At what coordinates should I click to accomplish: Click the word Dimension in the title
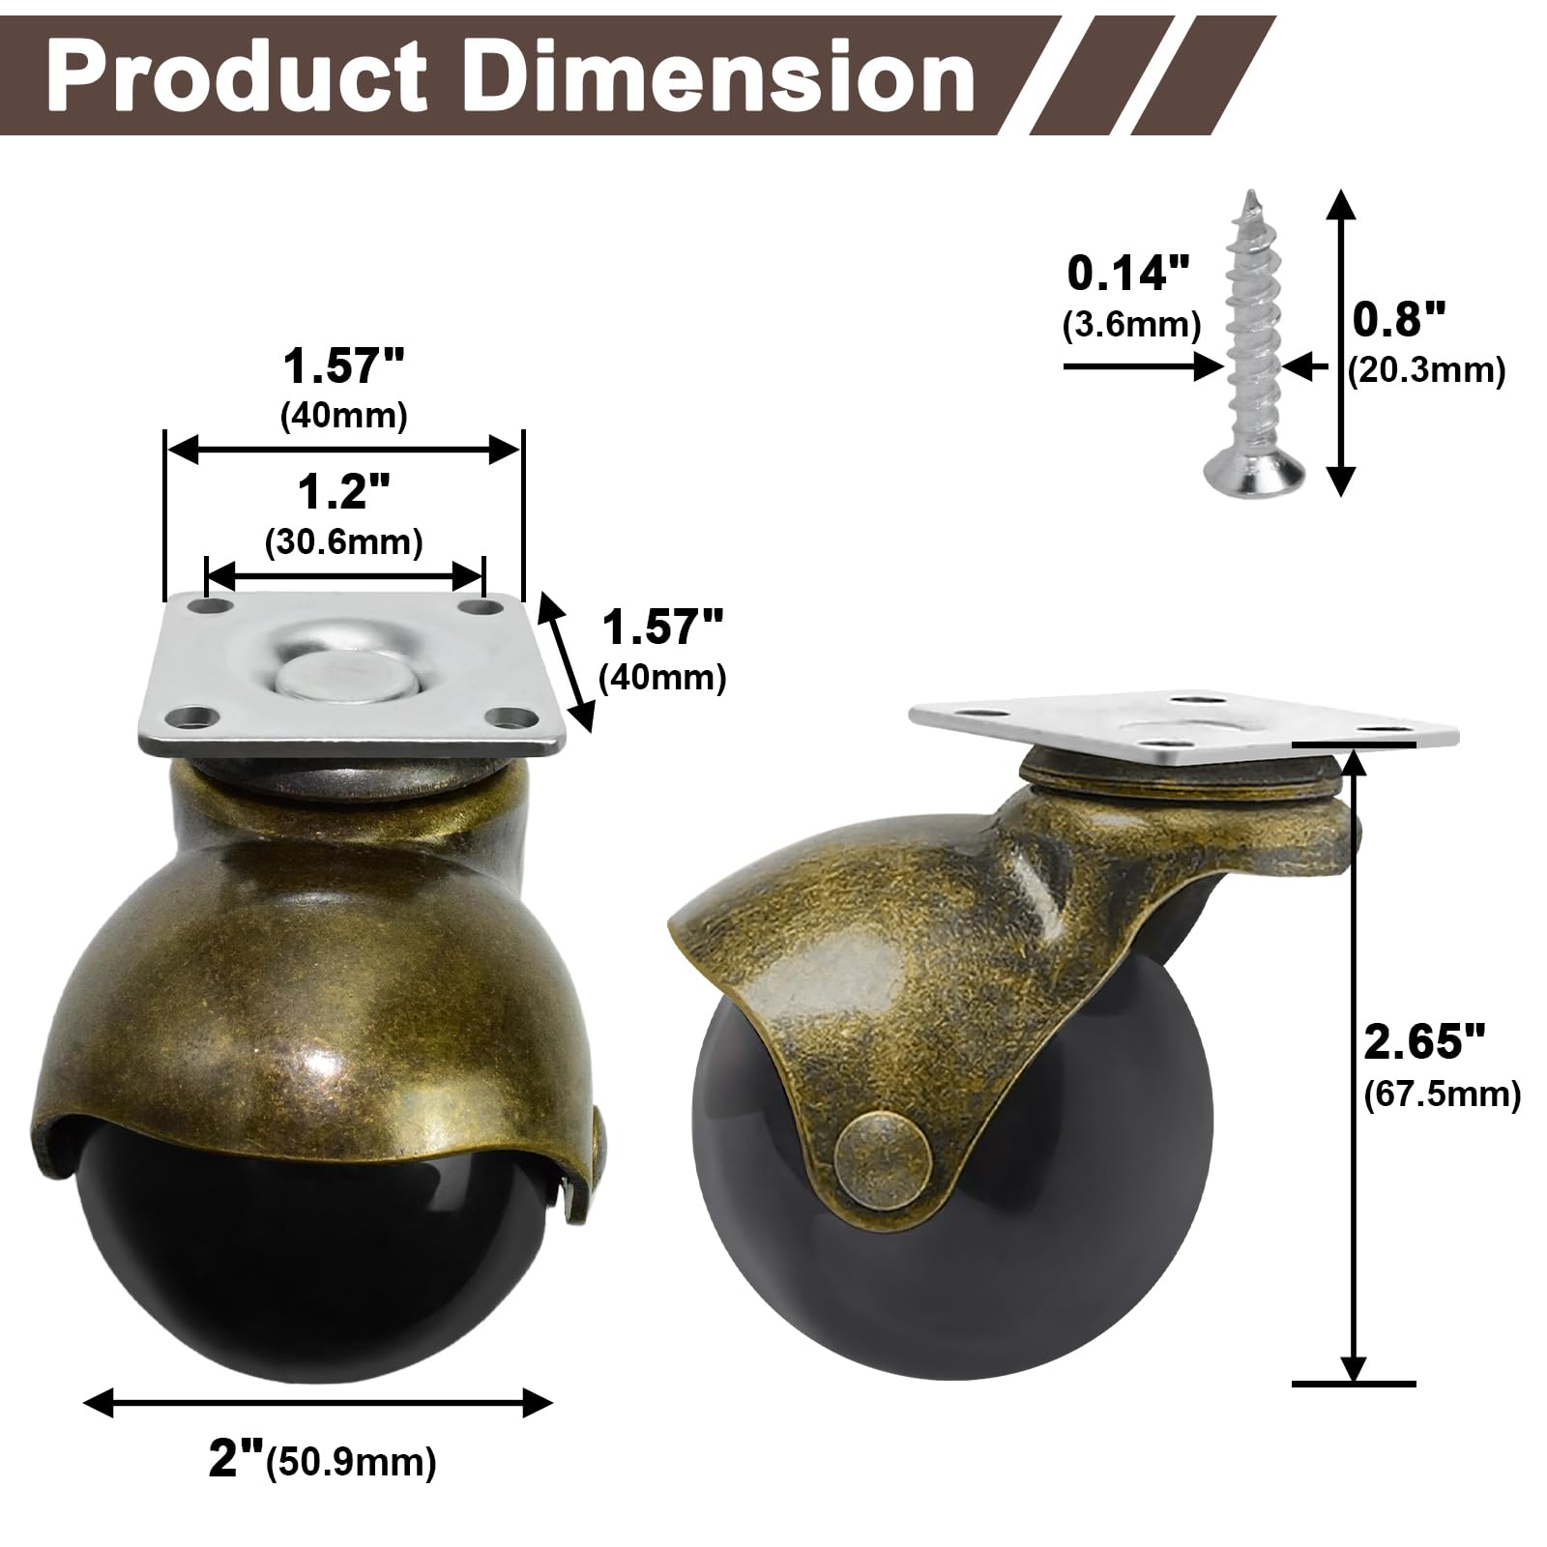[720, 77]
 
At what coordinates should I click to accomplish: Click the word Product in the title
[237, 77]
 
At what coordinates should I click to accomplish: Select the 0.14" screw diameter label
[1128, 275]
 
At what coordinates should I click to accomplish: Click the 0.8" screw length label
[1398, 318]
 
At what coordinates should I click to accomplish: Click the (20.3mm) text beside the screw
[1427, 370]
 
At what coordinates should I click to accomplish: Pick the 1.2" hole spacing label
[344, 493]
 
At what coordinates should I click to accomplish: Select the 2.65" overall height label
[1422, 1042]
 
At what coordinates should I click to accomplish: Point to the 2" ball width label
[237, 1460]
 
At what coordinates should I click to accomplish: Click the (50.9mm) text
[353, 1463]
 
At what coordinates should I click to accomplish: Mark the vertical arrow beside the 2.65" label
[1355, 1064]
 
